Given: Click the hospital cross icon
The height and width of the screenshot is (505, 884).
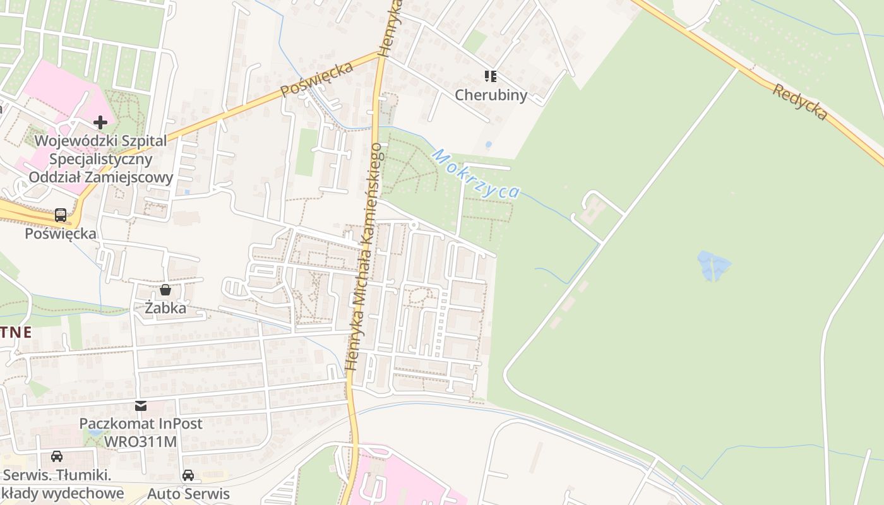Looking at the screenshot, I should (x=100, y=122).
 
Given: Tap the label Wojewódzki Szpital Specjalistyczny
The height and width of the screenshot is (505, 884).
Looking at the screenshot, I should (x=101, y=150).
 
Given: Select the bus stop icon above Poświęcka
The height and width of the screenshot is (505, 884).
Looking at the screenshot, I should (x=61, y=215).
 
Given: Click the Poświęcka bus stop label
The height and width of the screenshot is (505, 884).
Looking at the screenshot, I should (x=61, y=234).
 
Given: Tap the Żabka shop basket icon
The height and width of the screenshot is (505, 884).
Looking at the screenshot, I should (x=165, y=290).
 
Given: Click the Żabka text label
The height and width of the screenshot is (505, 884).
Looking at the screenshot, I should (x=165, y=308).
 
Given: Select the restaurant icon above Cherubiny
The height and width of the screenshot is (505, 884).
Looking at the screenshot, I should (x=491, y=76).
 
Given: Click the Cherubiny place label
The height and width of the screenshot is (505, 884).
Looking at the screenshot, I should (x=491, y=95).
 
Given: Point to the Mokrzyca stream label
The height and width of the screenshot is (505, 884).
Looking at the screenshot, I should (x=476, y=174).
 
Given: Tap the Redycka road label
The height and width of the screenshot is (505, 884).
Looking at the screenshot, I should (x=799, y=101).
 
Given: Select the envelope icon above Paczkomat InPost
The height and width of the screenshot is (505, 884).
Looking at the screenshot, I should (x=141, y=405).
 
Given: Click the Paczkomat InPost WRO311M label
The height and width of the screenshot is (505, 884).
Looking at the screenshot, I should (x=141, y=432).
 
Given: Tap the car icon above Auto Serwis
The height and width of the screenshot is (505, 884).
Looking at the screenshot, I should (x=188, y=475).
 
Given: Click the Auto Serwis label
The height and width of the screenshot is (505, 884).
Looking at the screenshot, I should (x=188, y=493).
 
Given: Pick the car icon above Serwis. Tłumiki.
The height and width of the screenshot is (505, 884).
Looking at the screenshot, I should (x=56, y=456).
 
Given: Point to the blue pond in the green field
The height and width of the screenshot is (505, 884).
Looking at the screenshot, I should (x=714, y=264).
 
